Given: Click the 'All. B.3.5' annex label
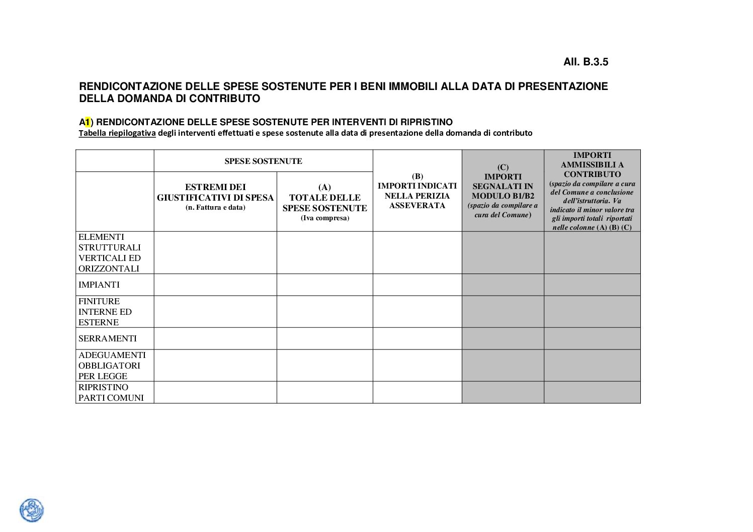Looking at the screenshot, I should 585,62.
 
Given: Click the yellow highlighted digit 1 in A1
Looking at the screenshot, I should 88,122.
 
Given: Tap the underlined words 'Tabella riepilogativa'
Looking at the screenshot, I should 117,133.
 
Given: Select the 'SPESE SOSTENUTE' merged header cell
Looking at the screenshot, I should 263,161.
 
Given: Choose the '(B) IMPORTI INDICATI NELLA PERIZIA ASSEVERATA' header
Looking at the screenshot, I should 417,191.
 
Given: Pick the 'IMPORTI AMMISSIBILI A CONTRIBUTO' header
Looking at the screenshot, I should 592,165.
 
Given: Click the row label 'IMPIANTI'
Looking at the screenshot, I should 99,285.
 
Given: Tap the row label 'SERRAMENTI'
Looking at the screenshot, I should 108,338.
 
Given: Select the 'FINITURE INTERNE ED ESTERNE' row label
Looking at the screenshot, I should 105,312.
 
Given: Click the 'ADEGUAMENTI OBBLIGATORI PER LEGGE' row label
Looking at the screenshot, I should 112,366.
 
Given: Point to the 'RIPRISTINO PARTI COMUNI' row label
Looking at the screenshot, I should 111,392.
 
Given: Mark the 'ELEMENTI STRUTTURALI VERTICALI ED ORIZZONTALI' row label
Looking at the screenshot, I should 110,252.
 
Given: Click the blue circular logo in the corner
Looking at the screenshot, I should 32,510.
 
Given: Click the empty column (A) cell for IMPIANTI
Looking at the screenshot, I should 324,285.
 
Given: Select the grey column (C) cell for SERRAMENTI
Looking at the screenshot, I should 503,338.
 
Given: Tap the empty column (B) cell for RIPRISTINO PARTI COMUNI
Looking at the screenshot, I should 417,392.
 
